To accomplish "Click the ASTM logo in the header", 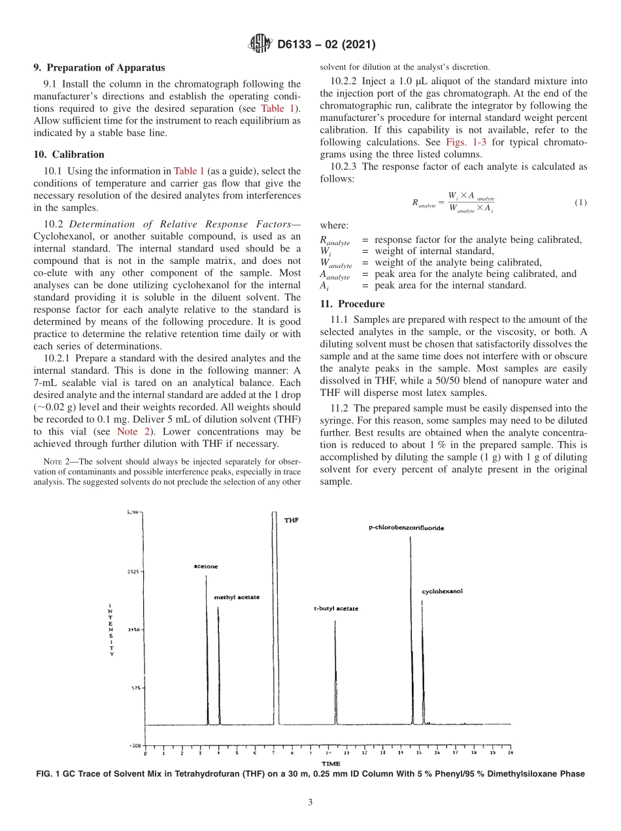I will pos(261,44).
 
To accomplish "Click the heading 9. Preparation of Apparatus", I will pos(99,67).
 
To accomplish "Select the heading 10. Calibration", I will pos(69,155).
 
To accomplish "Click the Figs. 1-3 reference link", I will pos(463,142).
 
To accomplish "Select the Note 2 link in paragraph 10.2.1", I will pos(135,431).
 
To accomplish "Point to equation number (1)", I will pos(580,203).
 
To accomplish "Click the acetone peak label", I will pos(205,566).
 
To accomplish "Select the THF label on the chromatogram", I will pos(292,519).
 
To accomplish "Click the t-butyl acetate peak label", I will pos(336,609).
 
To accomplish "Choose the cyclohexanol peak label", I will pos(442,591).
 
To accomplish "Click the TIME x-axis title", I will pos(331,763).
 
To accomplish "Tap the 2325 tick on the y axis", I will pos(133,571).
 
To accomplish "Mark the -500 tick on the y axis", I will pos(133,745).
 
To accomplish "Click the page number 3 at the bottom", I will pos(310,802).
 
